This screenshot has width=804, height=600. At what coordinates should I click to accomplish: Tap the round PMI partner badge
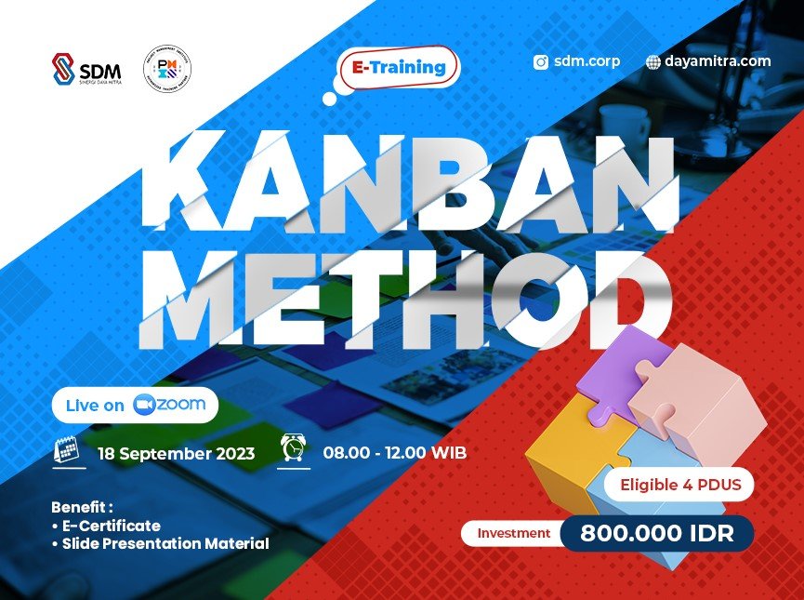(167, 70)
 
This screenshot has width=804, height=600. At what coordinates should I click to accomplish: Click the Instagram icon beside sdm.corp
(541, 62)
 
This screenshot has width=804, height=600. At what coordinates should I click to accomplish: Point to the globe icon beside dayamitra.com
(654, 62)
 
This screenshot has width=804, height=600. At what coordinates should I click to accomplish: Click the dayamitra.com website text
(718, 61)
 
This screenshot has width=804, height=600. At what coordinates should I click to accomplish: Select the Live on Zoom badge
(136, 405)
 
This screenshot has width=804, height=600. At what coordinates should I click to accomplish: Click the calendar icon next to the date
(67, 451)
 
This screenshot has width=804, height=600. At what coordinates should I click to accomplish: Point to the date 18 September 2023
(176, 454)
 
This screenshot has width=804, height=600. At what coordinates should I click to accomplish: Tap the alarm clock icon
(294, 449)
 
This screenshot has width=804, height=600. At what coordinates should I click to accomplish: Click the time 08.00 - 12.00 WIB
(395, 454)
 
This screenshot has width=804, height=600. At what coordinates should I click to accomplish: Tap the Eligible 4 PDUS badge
(679, 484)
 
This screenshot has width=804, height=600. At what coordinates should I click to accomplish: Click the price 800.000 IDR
(657, 534)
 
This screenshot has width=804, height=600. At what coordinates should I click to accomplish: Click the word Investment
(514, 534)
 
